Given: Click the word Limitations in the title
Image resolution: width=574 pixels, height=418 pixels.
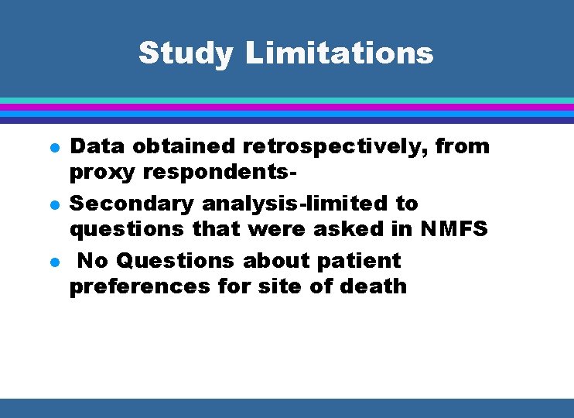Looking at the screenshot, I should click(339, 53).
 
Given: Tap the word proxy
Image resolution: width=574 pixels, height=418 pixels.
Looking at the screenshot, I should click(101, 171).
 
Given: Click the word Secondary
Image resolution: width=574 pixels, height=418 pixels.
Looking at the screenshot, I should click(132, 204).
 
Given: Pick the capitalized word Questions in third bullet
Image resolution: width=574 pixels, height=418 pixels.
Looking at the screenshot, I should click(181, 261).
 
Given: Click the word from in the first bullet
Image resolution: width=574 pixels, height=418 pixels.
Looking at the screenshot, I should click(463, 146).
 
